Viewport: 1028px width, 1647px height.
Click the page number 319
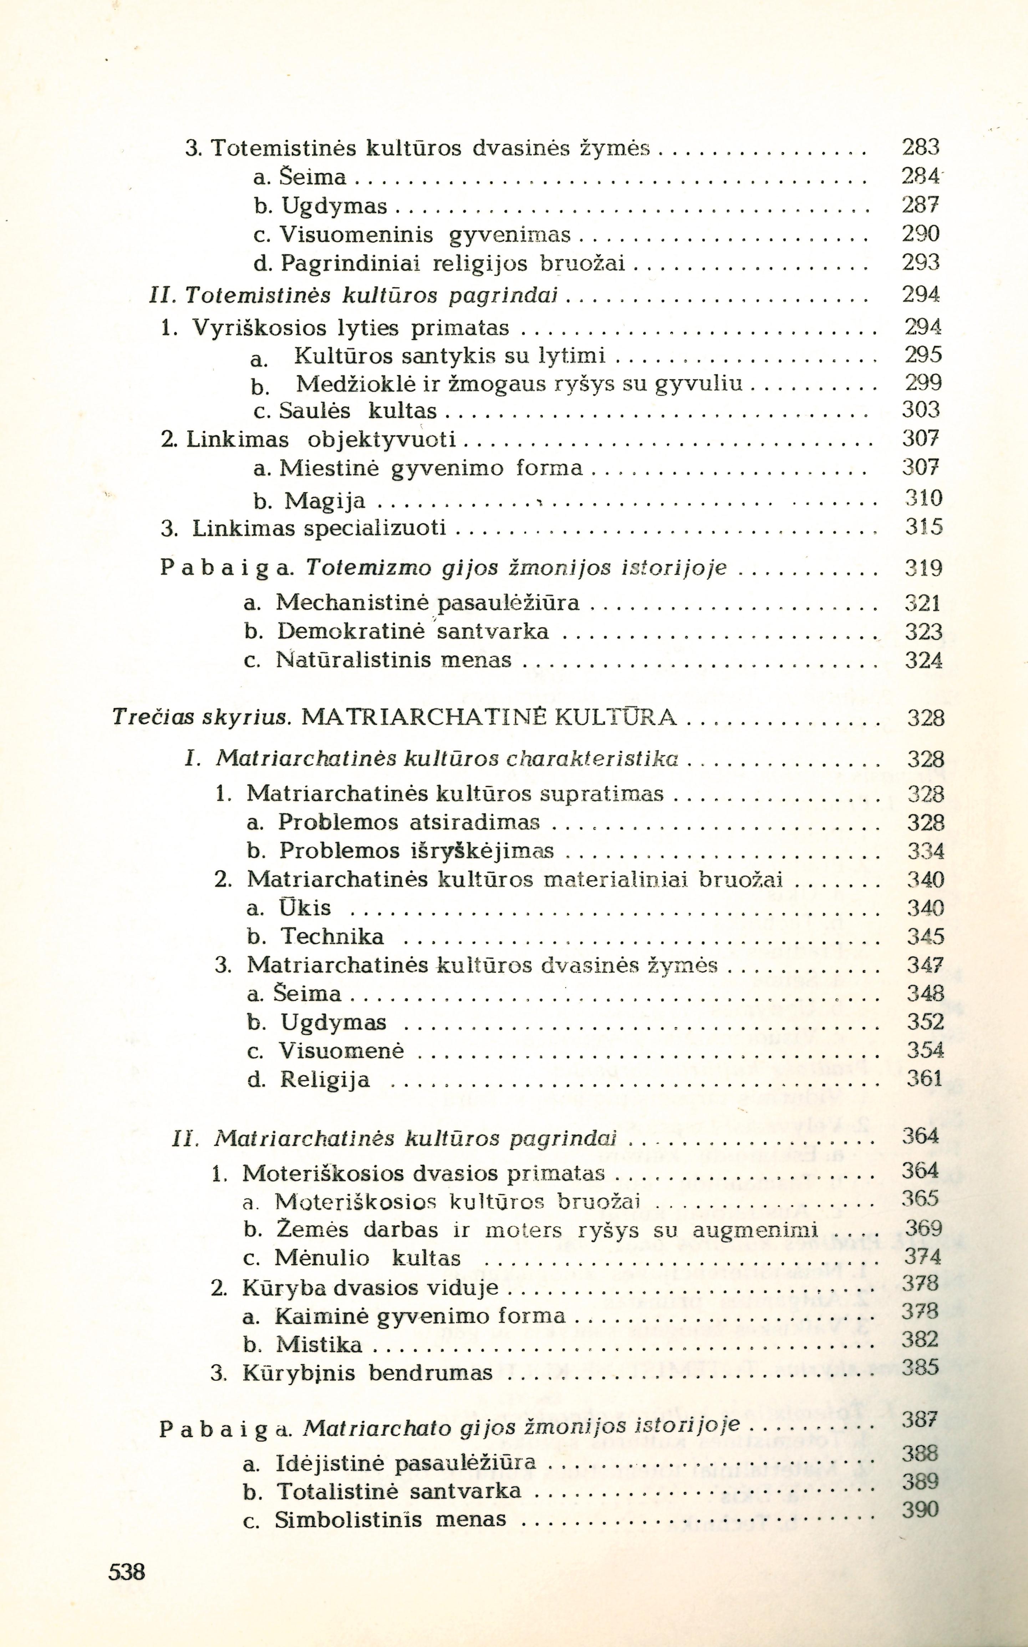(923, 567)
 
